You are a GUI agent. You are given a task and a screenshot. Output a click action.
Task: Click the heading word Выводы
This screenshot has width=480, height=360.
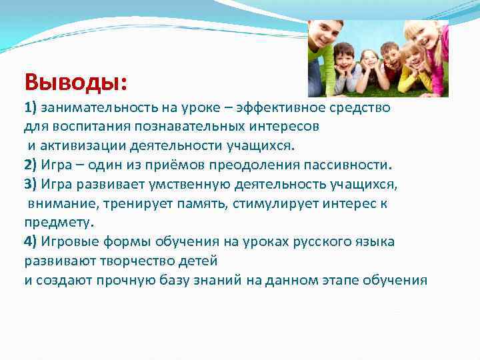tap(74, 82)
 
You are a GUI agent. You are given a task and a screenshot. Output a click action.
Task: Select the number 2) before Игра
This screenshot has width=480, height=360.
tap(31, 165)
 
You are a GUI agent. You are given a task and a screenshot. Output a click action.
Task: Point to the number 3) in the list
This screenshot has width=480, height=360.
tap(31, 184)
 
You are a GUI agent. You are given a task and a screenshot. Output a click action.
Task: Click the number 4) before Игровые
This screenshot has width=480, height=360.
tap(31, 241)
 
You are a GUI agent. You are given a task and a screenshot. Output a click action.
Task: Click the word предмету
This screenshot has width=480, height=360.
tap(59, 222)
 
